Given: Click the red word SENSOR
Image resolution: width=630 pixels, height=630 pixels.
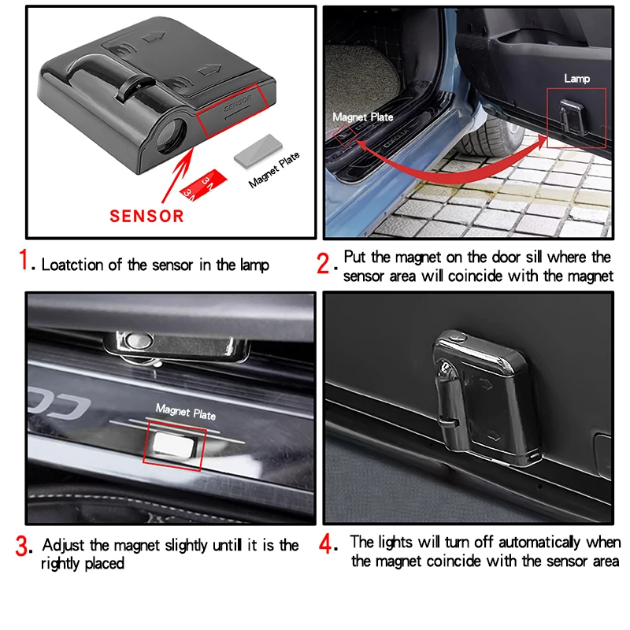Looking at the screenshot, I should [146, 215].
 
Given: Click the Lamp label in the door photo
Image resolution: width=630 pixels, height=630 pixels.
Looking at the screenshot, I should [576, 79].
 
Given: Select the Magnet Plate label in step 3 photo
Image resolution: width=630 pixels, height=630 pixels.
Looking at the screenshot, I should [185, 410].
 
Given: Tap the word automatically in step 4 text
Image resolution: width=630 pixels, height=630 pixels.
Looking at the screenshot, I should [524, 543].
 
